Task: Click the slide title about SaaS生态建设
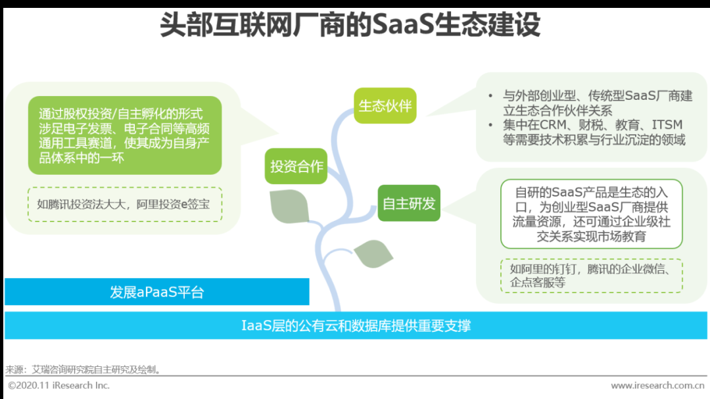click(350, 24)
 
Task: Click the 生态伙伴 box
click(385, 106)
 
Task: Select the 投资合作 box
click(296, 166)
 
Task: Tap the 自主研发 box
click(409, 203)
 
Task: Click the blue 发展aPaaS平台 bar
click(156, 292)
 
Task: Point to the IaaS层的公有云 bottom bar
click(356, 325)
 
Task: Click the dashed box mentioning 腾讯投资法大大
click(125, 204)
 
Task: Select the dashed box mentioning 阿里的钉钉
click(592, 276)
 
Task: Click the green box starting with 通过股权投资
click(125, 135)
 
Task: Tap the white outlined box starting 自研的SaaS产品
click(592, 214)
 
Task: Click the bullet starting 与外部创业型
click(592, 103)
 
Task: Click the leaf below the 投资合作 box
click(289, 206)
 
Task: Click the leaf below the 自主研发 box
click(373, 254)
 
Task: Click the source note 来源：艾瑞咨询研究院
click(83, 369)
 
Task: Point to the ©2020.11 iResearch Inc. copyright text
click(59, 385)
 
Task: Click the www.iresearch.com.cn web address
click(657, 385)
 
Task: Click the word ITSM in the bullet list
click(667, 125)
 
